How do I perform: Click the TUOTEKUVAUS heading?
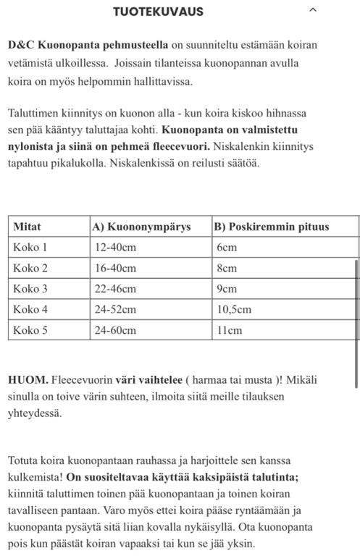pos(158,12)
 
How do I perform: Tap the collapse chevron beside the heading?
pos(313,11)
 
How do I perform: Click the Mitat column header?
pos(28,227)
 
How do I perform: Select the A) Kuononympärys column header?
pos(141,227)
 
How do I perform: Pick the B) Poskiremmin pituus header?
pos(272,227)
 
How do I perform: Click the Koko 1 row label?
pos(30,248)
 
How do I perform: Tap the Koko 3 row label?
pos(30,289)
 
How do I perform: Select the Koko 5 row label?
pos(30,330)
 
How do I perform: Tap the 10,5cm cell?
pos(234,310)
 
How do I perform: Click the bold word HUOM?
pos(27,380)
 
